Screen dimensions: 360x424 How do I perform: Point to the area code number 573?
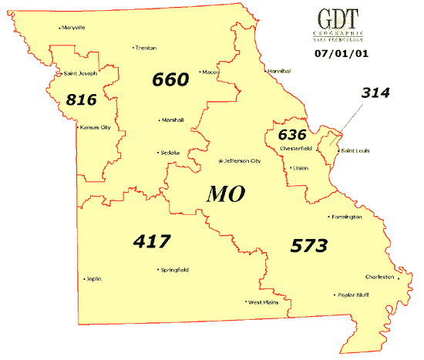pyautogui.click(x=309, y=246)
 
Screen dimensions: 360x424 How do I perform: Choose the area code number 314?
pyautogui.click(x=375, y=93)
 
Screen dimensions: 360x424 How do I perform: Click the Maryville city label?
pyautogui.click(x=74, y=28)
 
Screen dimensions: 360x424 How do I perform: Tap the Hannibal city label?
pyautogui.click(x=278, y=71)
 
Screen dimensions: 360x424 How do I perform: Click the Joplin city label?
pyautogui.click(x=94, y=278)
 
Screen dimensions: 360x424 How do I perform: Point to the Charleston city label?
pyautogui.click(x=379, y=277)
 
